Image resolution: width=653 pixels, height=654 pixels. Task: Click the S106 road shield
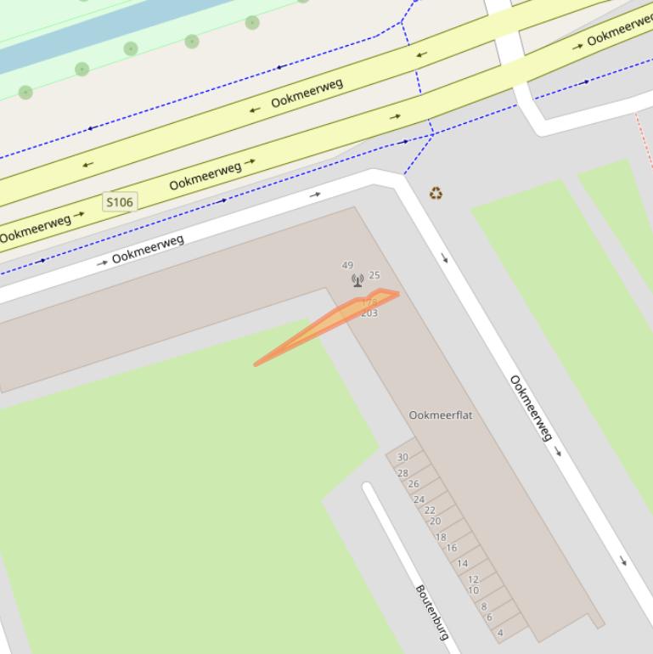click(119, 201)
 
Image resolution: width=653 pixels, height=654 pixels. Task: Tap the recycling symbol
click(436, 194)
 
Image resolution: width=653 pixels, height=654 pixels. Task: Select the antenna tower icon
click(357, 280)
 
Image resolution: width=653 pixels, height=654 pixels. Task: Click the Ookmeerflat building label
click(441, 415)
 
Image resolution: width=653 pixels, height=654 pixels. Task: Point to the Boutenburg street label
click(432, 612)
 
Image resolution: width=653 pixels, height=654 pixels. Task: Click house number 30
click(402, 458)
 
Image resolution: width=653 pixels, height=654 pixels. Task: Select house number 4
click(500, 633)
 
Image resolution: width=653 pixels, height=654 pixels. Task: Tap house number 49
click(347, 266)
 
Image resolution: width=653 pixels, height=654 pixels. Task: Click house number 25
click(374, 275)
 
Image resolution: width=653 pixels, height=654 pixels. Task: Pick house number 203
click(369, 313)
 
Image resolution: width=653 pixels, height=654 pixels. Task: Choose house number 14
click(463, 563)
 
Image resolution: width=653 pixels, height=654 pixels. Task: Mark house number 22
click(430, 510)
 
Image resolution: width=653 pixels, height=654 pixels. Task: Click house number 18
click(441, 537)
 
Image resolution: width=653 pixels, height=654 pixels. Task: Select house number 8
click(484, 606)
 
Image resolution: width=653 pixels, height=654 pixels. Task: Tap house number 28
click(402, 473)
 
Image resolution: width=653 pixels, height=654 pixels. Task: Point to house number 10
click(474, 590)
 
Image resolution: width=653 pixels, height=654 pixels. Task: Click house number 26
click(414, 484)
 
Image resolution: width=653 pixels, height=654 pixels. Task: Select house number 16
click(452, 548)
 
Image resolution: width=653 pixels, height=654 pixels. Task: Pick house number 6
click(489, 617)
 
